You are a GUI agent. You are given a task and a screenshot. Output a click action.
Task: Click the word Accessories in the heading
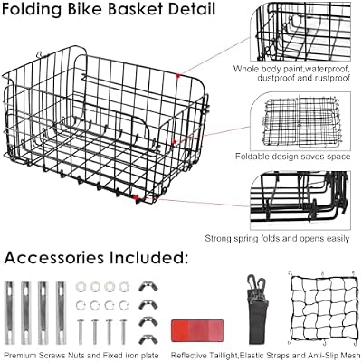[54, 257]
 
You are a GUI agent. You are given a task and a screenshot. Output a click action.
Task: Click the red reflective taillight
[197, 330]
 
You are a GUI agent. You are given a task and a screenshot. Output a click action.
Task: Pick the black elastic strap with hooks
[257, 310]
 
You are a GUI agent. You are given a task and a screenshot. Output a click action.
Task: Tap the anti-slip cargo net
[322, 309]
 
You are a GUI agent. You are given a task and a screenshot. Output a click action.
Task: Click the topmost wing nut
[148, 286]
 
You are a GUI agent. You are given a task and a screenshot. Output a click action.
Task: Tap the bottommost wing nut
[148, 339]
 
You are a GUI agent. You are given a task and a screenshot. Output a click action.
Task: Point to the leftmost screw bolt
[81, 332]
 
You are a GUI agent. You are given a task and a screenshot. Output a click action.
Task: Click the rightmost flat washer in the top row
[124, 287]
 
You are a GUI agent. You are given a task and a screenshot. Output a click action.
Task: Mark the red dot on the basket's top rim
[178, 76]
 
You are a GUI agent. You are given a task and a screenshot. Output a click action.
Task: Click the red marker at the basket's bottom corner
[136, 197]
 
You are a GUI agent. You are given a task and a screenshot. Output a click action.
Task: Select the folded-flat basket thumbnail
[300, 121]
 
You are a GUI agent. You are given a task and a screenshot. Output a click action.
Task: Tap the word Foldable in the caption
[252, 157]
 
